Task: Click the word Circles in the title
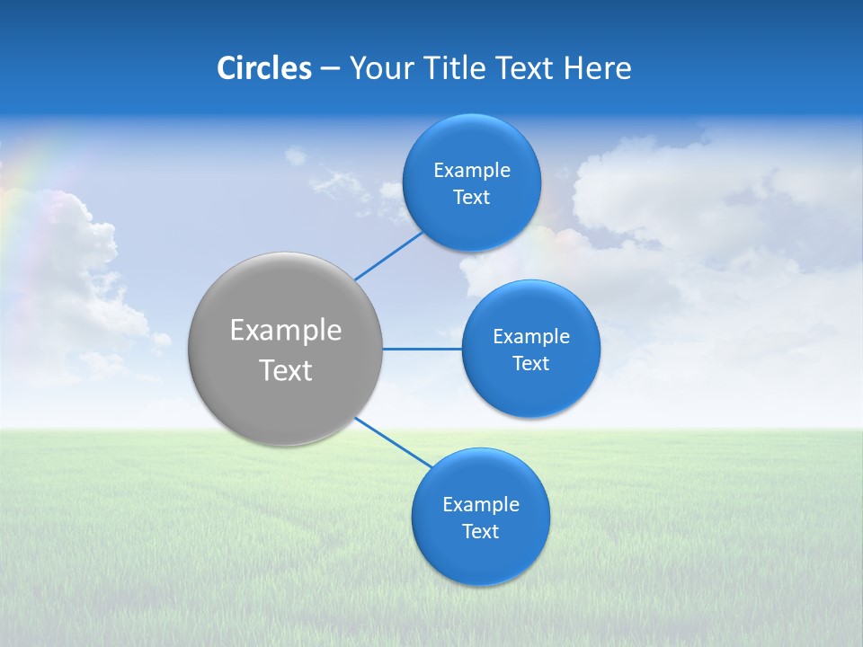(x=264, y=68)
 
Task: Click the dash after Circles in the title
(x=330, y=69)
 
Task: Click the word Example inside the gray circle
(x=286, y=331)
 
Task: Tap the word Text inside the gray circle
(x=286, y=370)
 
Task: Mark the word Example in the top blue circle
(x=472, y=171)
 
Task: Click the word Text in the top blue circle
(x=471, y=198)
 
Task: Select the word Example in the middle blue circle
(x=531, y=337)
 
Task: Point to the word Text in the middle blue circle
(x=530, y=364)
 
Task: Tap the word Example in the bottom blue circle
(x=481, y=505)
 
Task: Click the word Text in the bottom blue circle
(x=480, y=532)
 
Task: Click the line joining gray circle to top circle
(x=388, y=256)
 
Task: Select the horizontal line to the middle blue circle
(x=422, y=349)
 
